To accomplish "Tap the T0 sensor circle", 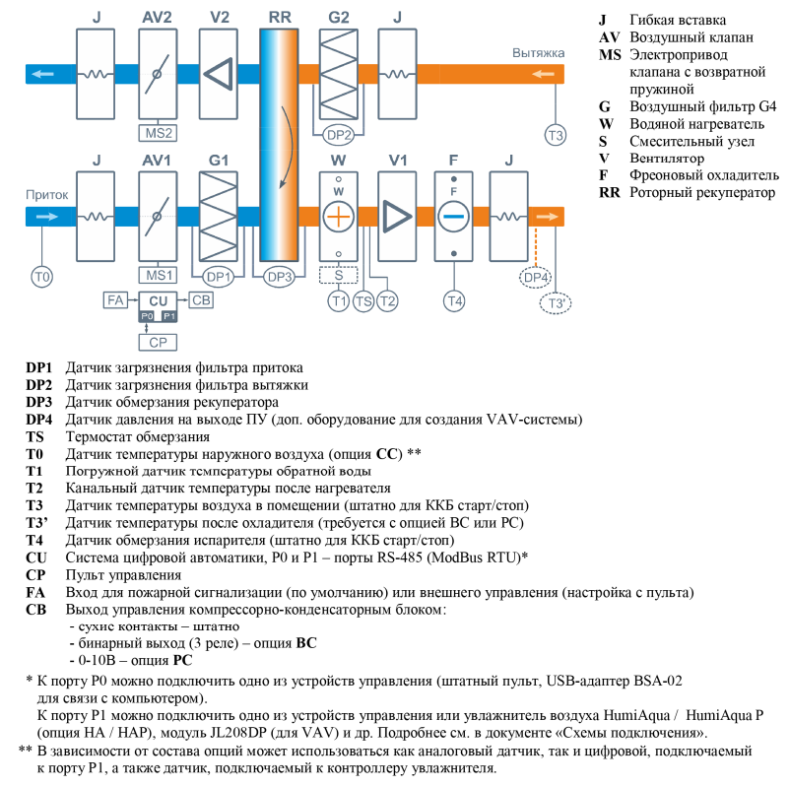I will [41, 278].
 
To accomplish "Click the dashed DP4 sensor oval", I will [536, 279].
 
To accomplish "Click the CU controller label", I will [158, 299].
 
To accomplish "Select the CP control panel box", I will [158, 342].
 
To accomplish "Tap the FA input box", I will [114, 299].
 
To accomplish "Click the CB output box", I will [200, 299].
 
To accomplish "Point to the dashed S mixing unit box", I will [338, 275].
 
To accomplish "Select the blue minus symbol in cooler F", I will [453, 216].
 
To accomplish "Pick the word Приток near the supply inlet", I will [47, 194].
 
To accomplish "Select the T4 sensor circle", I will [453, 298].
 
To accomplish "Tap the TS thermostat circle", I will [363, 299].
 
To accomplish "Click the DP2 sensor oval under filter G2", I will [338, 134].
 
